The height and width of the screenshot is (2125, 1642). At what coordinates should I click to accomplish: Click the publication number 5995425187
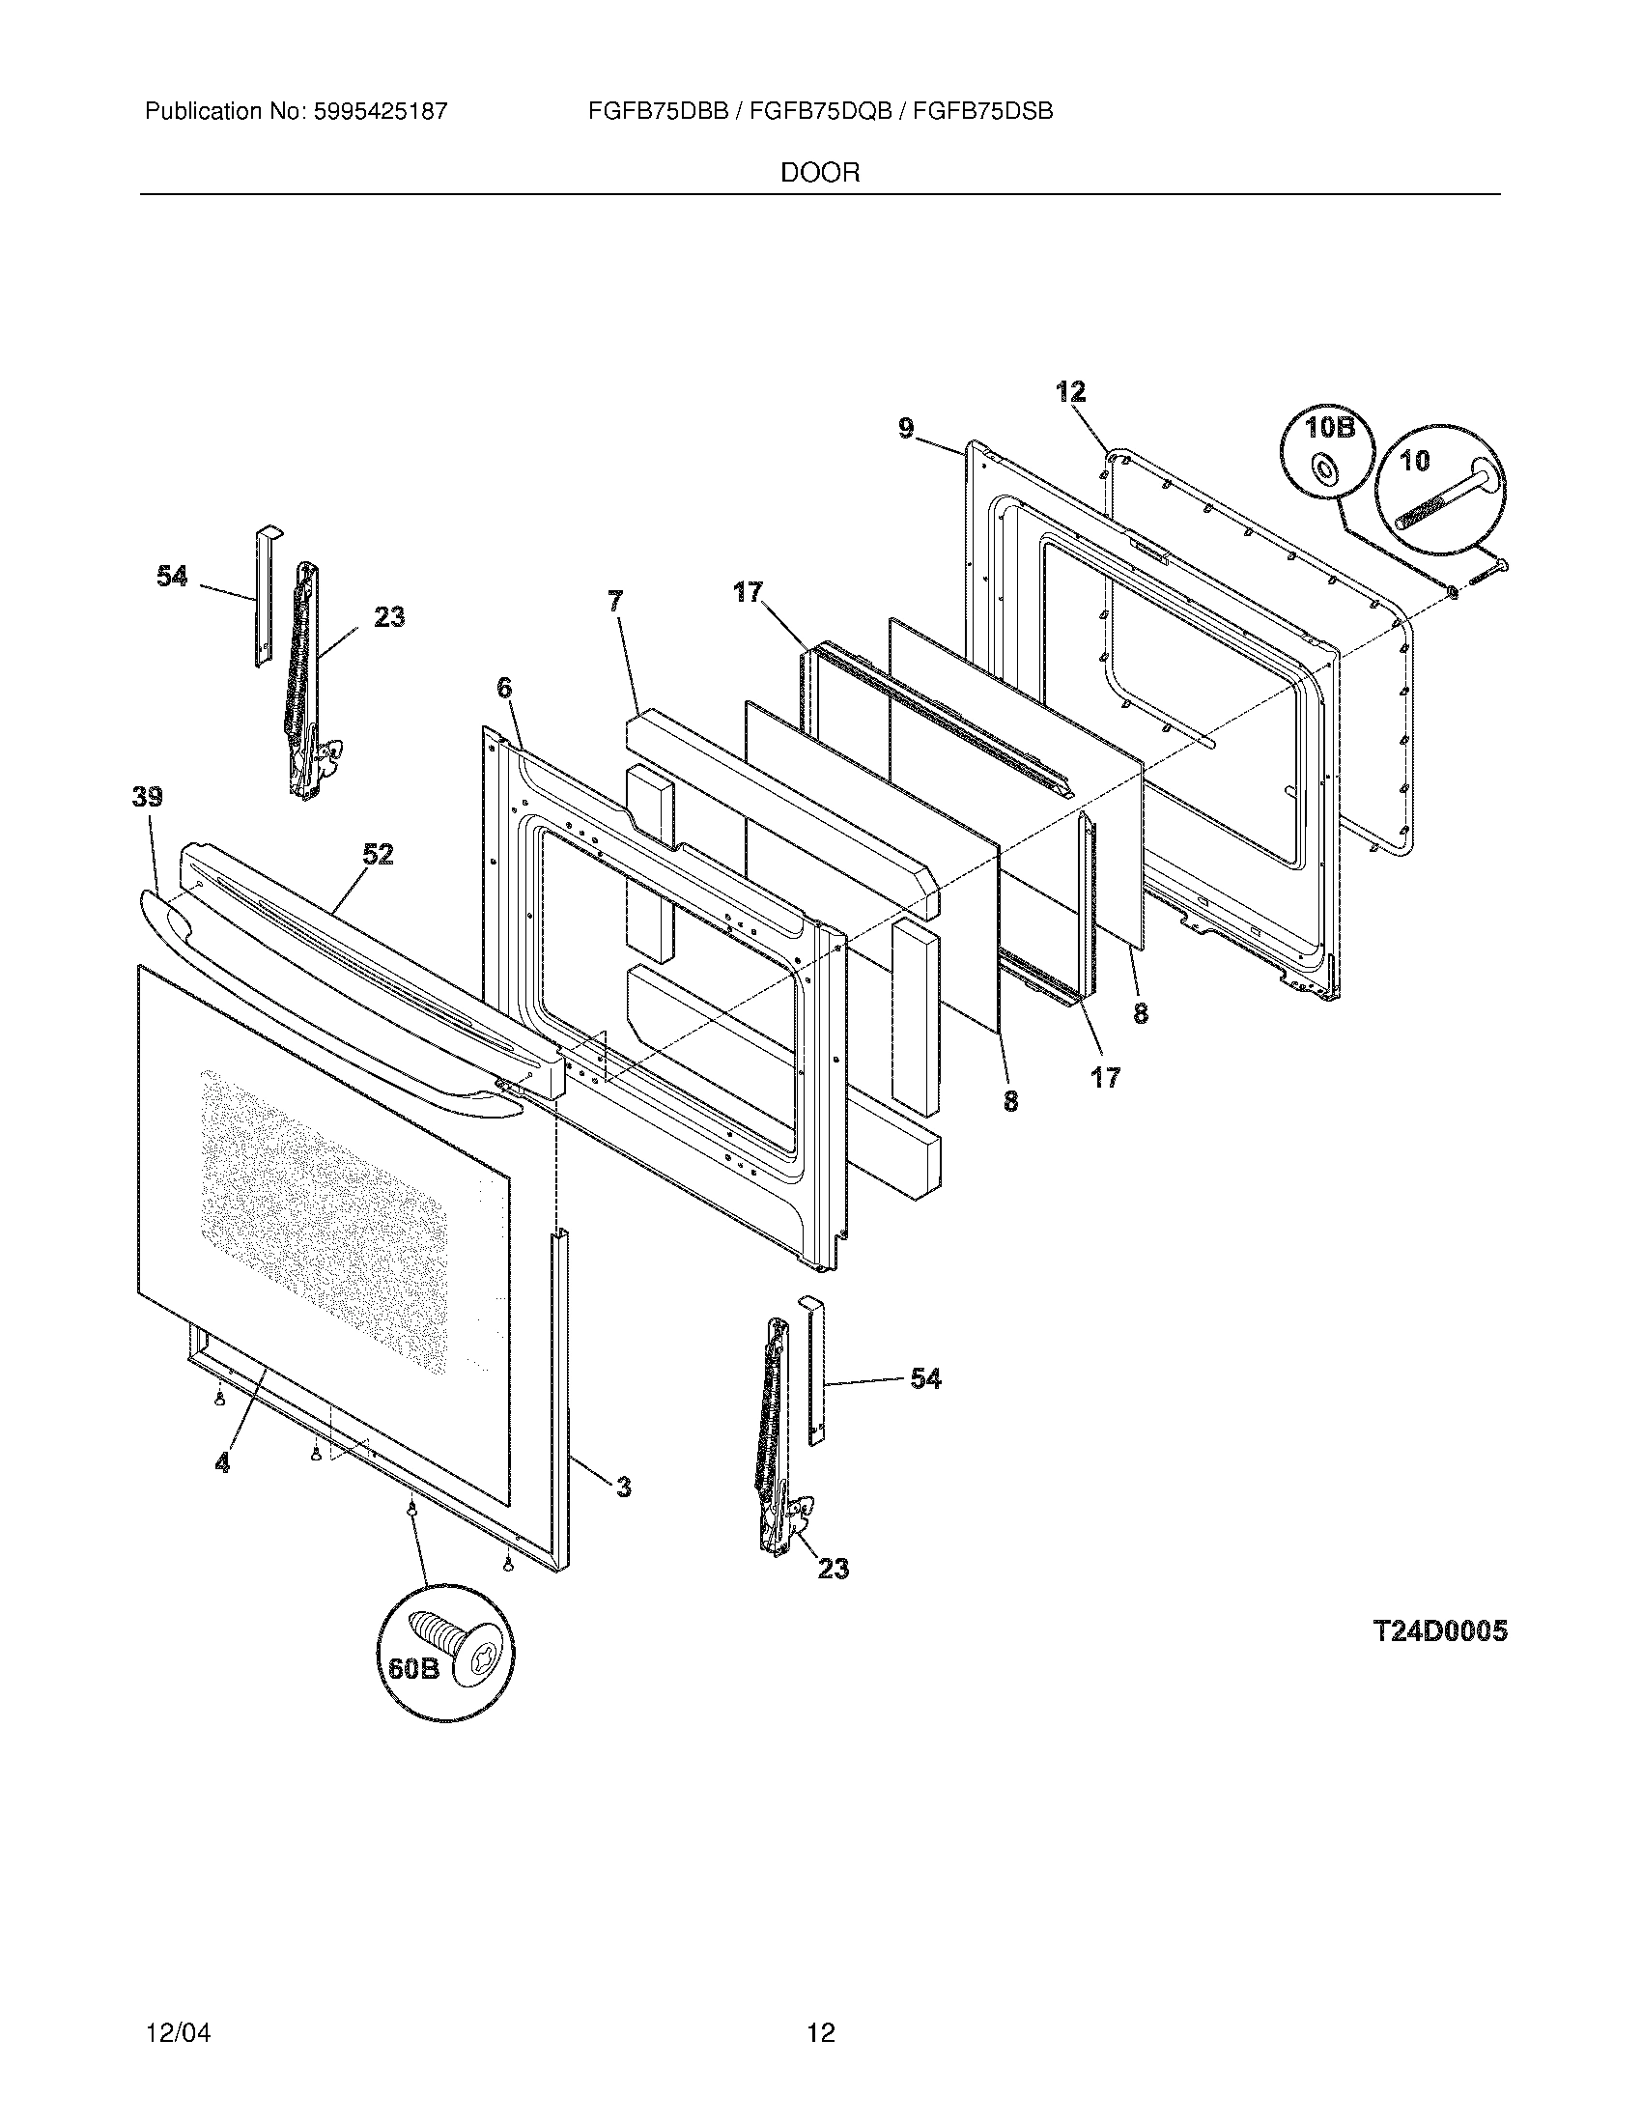[x=380, y=111]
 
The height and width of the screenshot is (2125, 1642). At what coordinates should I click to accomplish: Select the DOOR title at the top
[x=820, y=173]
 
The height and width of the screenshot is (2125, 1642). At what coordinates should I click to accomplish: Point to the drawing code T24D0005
[x=1440, y=1631]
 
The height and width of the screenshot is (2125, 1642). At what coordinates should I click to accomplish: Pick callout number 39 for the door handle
[x=148, y=798]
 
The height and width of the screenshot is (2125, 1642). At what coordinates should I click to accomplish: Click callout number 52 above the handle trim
[x=378, y=854]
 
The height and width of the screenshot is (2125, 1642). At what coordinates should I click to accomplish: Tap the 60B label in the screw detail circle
[x=414, y=1669]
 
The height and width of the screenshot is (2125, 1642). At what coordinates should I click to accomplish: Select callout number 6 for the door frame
[x=503, y=689]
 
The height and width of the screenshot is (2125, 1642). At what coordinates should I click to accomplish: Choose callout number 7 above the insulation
[x=614, y=602]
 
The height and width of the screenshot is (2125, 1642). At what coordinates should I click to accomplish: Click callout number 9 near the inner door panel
[x=906, y=428]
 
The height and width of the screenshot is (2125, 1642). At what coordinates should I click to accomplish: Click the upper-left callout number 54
[x=172, y=577]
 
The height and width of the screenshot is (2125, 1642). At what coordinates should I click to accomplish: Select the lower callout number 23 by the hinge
[x=833, y=1569]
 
